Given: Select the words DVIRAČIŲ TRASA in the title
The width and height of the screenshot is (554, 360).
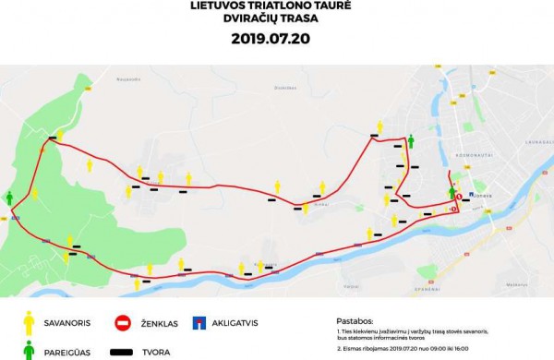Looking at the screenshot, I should pos(277,21).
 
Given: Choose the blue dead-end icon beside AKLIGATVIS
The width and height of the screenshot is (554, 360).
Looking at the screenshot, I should pos(199,323).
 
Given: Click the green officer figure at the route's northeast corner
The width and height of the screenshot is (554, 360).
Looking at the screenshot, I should pos(411,140).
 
